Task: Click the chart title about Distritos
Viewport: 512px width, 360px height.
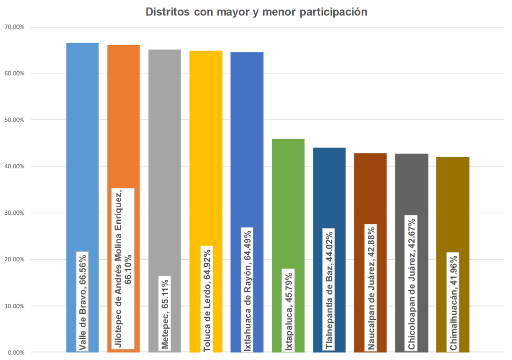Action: (x=256, y=12)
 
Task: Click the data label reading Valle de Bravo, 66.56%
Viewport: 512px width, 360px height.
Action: (x=82, y=300)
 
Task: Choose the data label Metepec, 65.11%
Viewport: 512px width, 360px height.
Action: (x=165, y=312)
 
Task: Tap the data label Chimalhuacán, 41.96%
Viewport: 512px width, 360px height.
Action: (x=452, y=301)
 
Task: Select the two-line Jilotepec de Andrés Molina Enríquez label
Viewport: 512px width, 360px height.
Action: (x=123, y=268)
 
